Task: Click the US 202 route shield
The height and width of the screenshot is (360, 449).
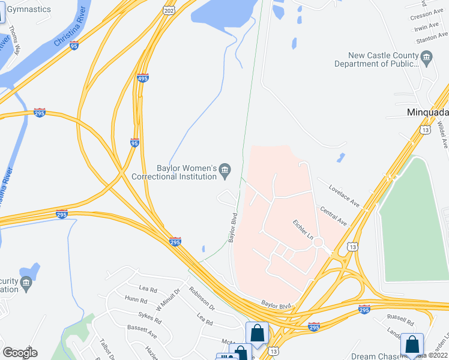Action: pos(169,10)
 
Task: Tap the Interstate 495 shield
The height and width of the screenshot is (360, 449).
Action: pos(142,78)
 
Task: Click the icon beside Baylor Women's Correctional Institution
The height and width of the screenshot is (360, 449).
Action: pos(225,171)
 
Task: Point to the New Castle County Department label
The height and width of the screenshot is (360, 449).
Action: pos(376,59)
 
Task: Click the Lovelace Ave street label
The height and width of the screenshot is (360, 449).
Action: pos(344,196)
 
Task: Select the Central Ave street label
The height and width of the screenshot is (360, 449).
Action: pos(334,217)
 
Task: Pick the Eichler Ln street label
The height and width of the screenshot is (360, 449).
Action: pos(303,229)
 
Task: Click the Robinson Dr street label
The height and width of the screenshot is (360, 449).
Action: pos(201,298)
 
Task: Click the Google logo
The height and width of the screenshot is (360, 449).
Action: pos(20,352)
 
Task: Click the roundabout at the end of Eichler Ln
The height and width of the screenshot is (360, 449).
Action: pos(318,243)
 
